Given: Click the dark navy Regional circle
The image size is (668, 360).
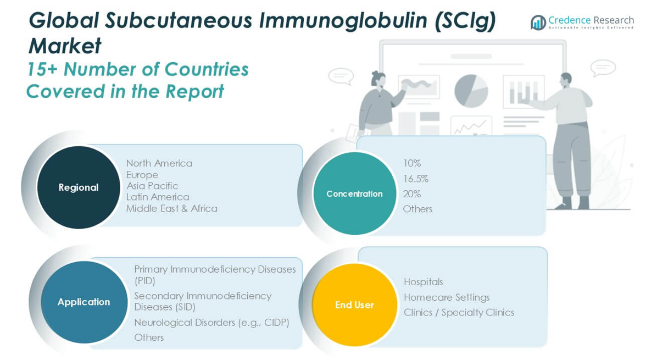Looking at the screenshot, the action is click(x=79, y=187).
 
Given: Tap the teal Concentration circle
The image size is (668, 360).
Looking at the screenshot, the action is click(x=354, y=193).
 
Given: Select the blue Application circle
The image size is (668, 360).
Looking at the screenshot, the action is click(x=84, y=302).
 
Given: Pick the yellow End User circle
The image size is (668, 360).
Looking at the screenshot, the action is click(x=354, y=304).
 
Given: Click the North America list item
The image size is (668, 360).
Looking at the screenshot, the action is click(x=159, y=163).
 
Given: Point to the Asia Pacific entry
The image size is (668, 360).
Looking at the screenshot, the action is click(x=152, y=186).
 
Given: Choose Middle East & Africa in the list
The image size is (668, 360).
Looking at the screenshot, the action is click(x=172, y=208).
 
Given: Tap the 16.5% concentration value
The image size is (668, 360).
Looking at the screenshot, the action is click(x=416, y=179).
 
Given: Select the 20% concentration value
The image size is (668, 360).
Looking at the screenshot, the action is click(x=412, y=194).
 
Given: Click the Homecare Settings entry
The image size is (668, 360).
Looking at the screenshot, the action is click(x=447, y=297).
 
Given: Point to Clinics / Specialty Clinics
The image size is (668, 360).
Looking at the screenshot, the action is click(x=459, y=312).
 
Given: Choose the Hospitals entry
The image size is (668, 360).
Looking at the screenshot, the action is click(x=424, y=282).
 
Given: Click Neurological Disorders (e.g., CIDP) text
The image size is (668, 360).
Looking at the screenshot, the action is click(x=211, y=323).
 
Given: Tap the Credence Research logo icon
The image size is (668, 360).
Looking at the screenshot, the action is click(x=538, y=23).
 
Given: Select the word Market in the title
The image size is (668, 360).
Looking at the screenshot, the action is click(x=65, y=46).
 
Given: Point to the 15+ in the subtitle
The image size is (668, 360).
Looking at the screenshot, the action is click(x=42, y=69).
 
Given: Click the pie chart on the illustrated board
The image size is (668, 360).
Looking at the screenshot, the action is click(x=471, y=91).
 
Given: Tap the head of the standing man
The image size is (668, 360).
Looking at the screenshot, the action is click(x=566, y=80).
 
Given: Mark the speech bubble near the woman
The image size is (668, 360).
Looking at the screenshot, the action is click(x=341, y=76).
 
